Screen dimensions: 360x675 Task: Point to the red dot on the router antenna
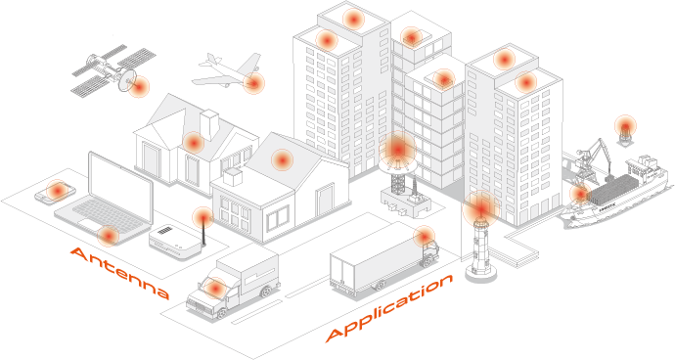point(202,216)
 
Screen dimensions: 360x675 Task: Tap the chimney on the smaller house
point(232,176)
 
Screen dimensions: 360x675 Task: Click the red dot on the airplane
point(253,82)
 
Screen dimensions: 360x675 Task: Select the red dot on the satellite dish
point(138,86)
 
